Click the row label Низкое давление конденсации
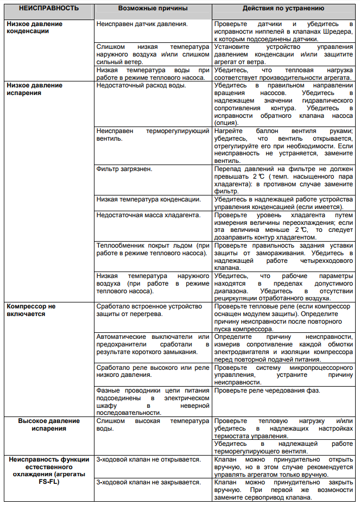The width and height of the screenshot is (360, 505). coord(34,28)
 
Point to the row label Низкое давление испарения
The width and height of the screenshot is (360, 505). coord(34,89)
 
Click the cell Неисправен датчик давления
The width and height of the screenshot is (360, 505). coord(142,24)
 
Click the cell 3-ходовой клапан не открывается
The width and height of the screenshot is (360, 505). coord(148,459)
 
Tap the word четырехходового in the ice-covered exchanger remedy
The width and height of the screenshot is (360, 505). coord(325,261)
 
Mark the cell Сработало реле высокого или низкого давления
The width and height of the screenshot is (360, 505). coord(153,371)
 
